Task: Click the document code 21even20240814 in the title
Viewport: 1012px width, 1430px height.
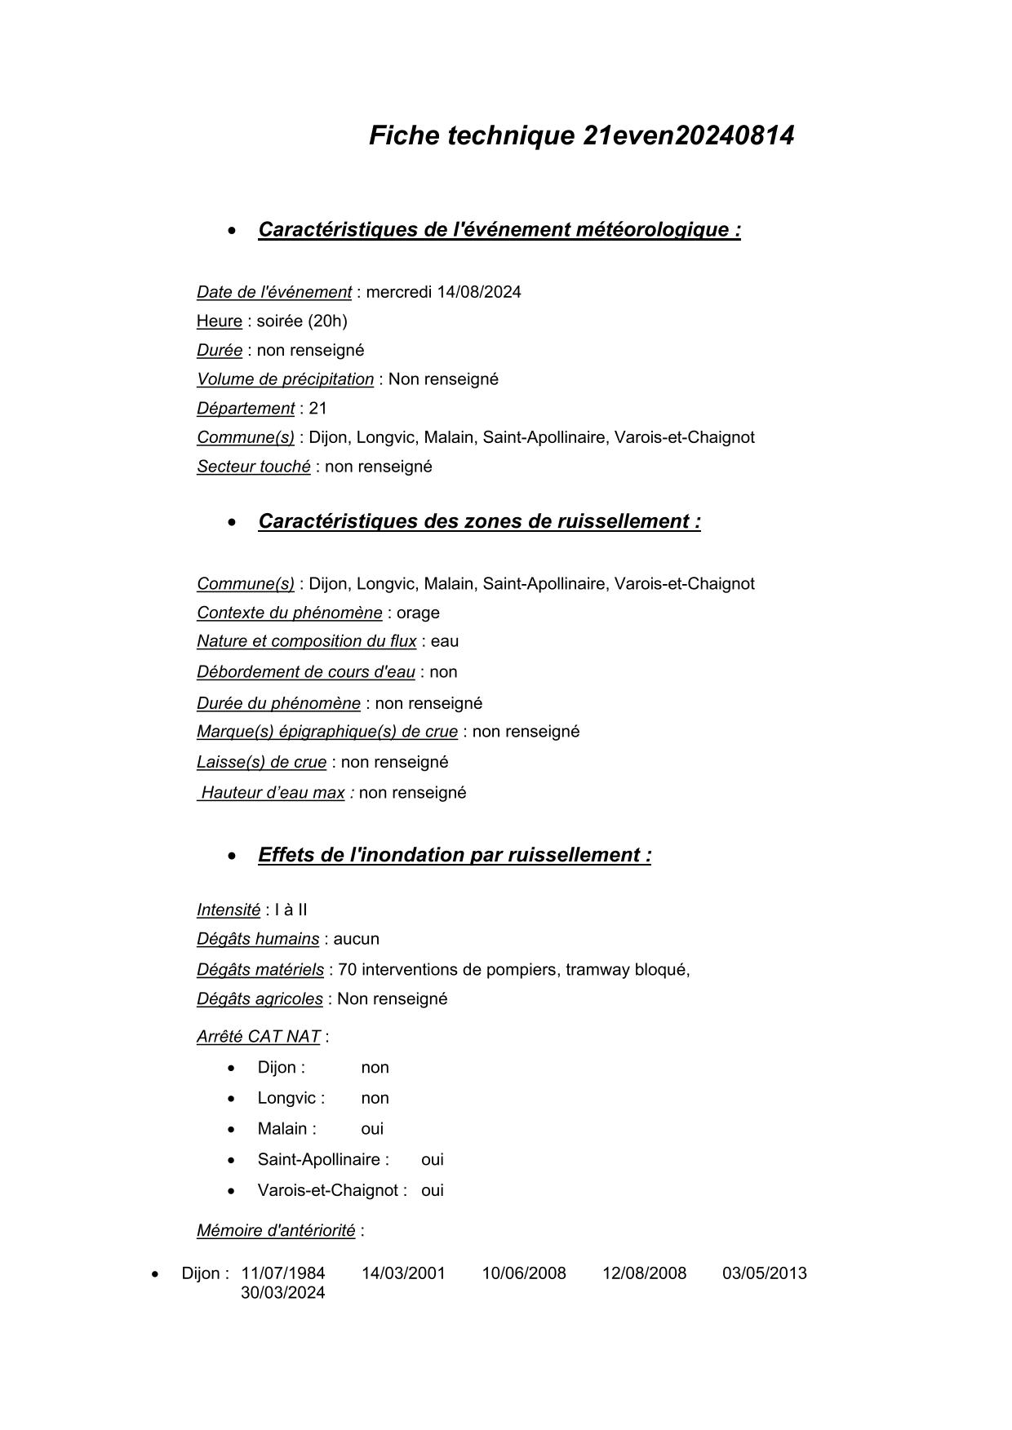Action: [x=688, y=135]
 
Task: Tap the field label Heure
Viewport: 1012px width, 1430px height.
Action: [x=219, y=321]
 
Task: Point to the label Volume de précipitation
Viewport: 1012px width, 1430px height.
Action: [x=285, y=379]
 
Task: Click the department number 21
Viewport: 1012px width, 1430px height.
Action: [x=317, y=408]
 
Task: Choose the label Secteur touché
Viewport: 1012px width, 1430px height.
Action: [x=253, y=467]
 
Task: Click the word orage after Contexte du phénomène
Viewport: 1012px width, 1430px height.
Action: [x=418, y=613]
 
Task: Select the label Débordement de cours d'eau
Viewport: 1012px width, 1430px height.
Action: [x=305, y=672]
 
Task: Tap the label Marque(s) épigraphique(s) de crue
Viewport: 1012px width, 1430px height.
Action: [x=326, y=732]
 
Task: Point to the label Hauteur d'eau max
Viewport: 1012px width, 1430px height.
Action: [x=273, y=793]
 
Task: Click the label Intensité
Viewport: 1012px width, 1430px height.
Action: [x=228, y=910]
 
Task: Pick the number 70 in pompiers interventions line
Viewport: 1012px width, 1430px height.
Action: [x=347, y=970]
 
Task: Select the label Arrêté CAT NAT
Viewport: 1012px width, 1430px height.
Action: [x=258, y=1037]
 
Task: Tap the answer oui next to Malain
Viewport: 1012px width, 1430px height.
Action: [x=372, y=1129]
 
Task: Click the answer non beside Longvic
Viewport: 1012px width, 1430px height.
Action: [x=375, y=1098]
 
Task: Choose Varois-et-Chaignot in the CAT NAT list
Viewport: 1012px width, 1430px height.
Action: [x=331, y=1190]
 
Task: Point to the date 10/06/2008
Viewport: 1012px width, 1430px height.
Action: [x=523, y=1273]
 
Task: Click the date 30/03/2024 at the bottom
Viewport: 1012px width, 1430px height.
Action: [x=282, y=1293]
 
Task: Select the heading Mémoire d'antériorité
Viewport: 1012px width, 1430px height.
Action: [x=275, y=1230]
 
